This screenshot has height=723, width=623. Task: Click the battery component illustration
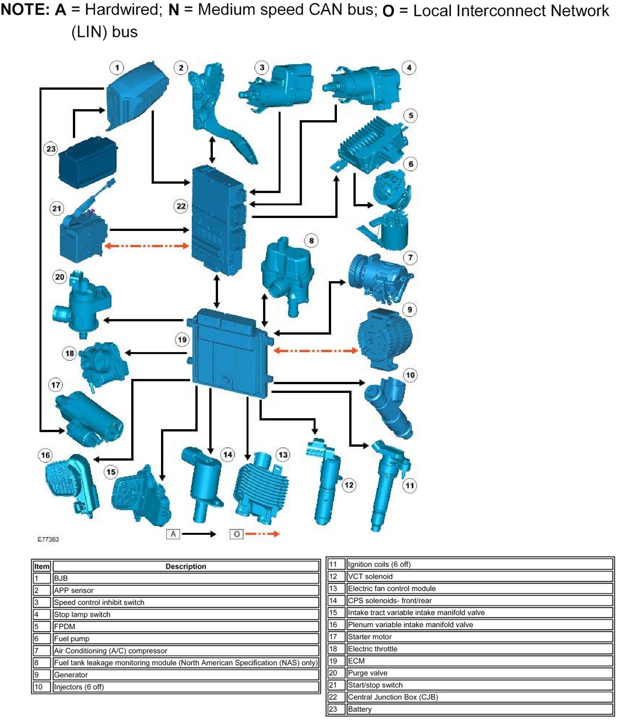pyautogui.click(x=87, y=162)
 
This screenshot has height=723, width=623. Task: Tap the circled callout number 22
pyautogui.click(x=181, y=206)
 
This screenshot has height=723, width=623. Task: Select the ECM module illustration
pyautogui.click(x=230, y=352)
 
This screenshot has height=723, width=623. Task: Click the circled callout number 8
pyautogui.click(x=311, y=240)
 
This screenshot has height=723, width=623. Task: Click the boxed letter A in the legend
pyautogui.click(x=173, y=534)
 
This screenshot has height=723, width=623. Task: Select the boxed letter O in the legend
pyautogui.click(x=237, y=534)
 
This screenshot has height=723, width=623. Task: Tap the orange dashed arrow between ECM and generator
pyautogui.click(x=316, y=350)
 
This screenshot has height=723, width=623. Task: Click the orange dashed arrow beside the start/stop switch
pyautogui.click(x=146, y=246)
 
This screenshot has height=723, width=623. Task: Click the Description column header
pyautogui.click(x=186, y=566)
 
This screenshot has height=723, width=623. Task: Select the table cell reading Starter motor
pyautogui.click(x=370, y=637)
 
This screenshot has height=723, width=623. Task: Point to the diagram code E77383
pyautogui.click(x=48, y=539)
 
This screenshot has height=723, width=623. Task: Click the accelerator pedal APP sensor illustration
pyautogui.click(x=220, y=115)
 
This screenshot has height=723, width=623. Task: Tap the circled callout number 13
pyautogui.click(x=283, y=455)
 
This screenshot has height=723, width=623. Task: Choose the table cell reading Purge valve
pyautogui.click(x=367, y=673)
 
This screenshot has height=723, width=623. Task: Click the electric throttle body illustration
pyautogui.click(x=103, y=365)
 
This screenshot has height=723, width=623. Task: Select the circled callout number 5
pyautogui.click(x=411, y=116)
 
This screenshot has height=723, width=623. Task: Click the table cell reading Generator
pyautogui.click(x=71, y=674)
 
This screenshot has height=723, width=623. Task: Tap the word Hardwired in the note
pyautogui.click(x=122, y=9)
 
